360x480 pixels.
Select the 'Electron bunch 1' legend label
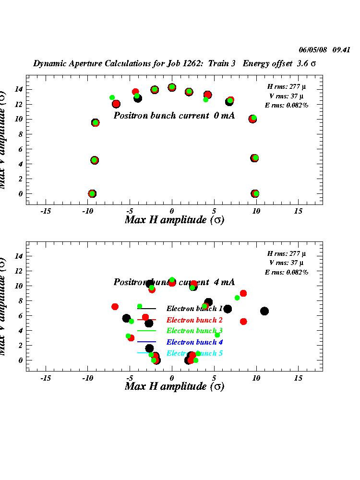[x=194, y=309]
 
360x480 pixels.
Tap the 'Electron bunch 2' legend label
[x=194, y=320]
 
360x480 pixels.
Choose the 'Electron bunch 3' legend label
[x=194, y=331]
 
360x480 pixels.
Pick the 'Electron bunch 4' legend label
[x=194, y=342]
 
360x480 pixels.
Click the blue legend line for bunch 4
[x=147, y=342]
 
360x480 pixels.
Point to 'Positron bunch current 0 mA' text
[x=174, y=116]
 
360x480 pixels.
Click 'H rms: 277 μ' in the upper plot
[x=288, y=86]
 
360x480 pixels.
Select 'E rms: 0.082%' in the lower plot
[x=287, y=272]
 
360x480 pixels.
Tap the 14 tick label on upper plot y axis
[x=19, y=89]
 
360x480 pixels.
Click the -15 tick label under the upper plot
[x=46, y=211]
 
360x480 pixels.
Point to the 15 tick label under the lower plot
[x=298, y=378]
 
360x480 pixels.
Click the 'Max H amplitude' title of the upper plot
[x=174, y=220]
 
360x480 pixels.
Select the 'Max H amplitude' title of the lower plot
[x=174, y=386]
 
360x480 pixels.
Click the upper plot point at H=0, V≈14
[x=172, y=87]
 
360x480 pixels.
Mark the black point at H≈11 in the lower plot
[x=264, y=311]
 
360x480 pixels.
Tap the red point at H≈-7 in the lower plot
[x=115, y=307]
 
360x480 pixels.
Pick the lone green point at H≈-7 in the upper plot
[x=112, y=97]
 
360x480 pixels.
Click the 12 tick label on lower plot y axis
[x=19, y=271]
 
